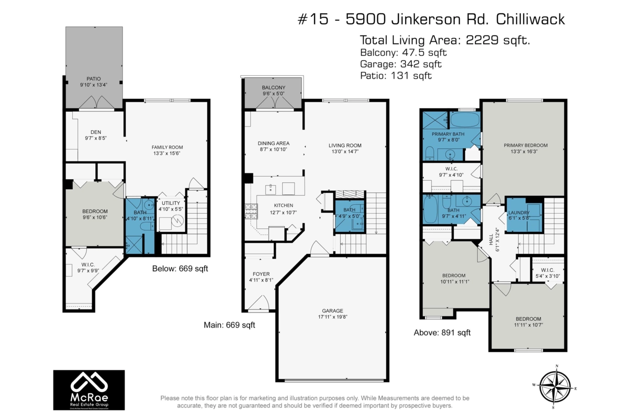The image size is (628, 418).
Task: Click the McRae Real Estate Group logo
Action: coord(89,390)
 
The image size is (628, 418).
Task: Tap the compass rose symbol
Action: coord(556,386)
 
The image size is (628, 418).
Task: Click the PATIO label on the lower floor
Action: coord(94,78)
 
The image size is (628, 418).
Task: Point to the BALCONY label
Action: coord(274,87)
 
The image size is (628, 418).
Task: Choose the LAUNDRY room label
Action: coord(519,213)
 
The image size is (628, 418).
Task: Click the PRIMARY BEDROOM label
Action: coord(525,145)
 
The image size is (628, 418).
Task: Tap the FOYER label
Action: coord(261,273)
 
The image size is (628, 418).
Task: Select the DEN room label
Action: coord(95,132)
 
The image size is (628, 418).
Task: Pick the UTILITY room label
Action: coord(171,203)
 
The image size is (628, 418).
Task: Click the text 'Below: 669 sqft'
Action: coord(180,269)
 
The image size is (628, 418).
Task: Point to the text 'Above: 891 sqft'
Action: coord(442,332)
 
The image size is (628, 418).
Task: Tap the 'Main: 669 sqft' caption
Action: coord(229,325)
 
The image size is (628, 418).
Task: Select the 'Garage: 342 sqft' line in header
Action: coord(401,64)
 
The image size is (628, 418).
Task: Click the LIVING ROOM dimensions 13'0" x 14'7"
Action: coord(345,152)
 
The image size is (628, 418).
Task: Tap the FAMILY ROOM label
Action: coord(167,147)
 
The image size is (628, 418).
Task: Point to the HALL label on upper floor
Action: coord(490,240)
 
